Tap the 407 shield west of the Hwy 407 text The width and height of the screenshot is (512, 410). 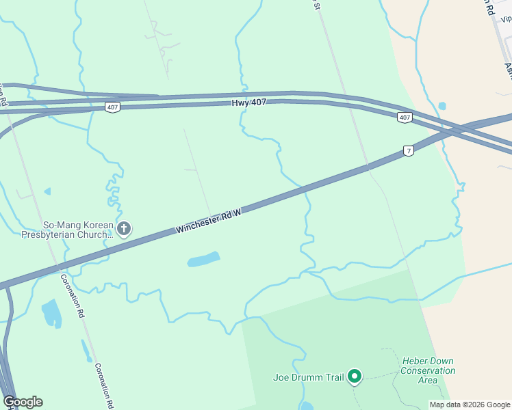pyautogui.click(x=113, y=107)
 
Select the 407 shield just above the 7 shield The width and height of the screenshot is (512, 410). pyautogui.click(x=405, y=118)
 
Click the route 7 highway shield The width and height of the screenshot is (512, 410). pyautogui.click(x=408, y=150)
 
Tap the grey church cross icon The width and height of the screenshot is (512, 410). pyautogui.click(x=124, y=229)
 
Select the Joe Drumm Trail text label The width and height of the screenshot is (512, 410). pyautogui.click(x=307, y=377)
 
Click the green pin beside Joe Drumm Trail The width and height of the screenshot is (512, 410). pyautogui.click(x=355, y=376)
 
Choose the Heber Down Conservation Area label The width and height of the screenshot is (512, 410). pyautogui.click(x=428, y=370)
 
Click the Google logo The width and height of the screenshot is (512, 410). pyautogui.click(x=23, y=402)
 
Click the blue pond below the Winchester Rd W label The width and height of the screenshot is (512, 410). pyautogui.click(x=204, y=260)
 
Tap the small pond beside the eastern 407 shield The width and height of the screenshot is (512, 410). pyautogui.click(x=442, y=106)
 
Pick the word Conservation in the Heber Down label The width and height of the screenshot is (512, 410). pyautogui.click(x=428, y=371)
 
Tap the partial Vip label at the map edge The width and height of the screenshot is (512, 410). pyautogui.click(x=504, y=20)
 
